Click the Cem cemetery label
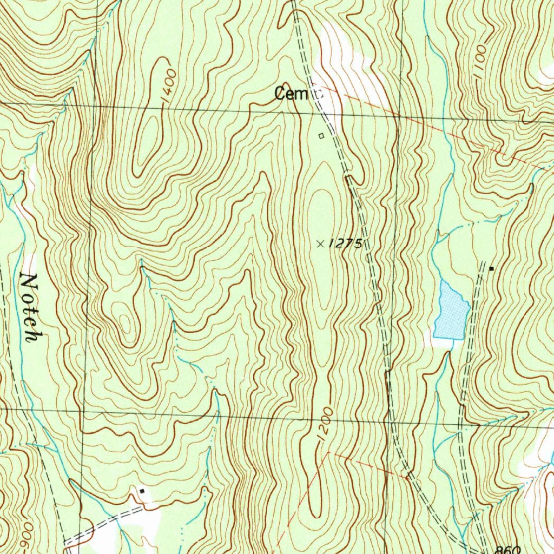291,94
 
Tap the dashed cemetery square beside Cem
318,94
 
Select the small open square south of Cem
321,136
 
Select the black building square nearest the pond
491,268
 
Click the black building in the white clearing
142,491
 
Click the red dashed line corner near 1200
328,453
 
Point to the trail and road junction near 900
65,541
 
